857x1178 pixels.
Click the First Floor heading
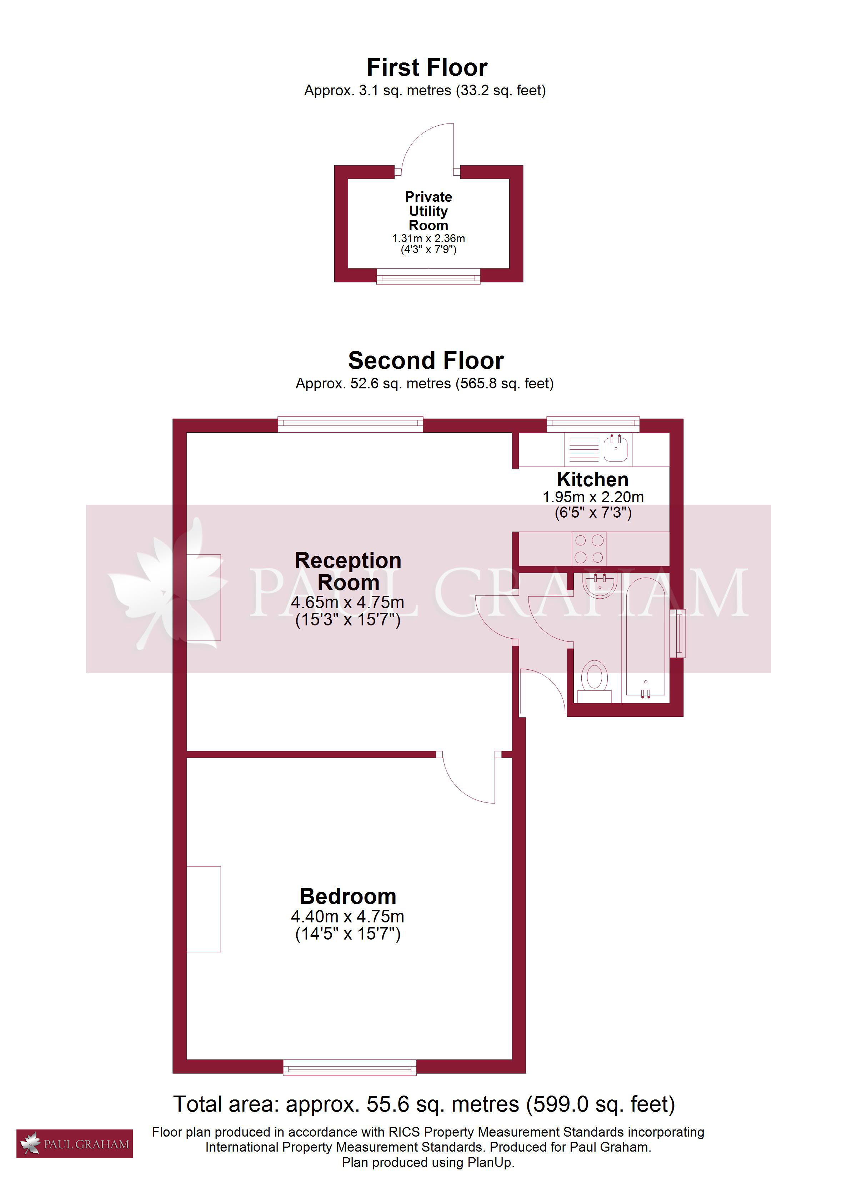click(427, 67)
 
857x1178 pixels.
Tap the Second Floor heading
click(426, 361)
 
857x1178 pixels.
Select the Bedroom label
click(348, 896)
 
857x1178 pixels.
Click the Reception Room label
click(348, 572)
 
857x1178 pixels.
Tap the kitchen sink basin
click(616, 448)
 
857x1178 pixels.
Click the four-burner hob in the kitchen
click(589, 549)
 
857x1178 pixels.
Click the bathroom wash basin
click(600, 585)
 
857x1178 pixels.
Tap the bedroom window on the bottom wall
click(350, 1068)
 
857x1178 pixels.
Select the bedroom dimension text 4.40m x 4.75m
click(348, 916)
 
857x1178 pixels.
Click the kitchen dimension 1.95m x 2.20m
click(593, 497)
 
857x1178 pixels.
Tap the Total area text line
click(424, 1104)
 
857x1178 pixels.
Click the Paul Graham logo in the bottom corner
click(74, 1144)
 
